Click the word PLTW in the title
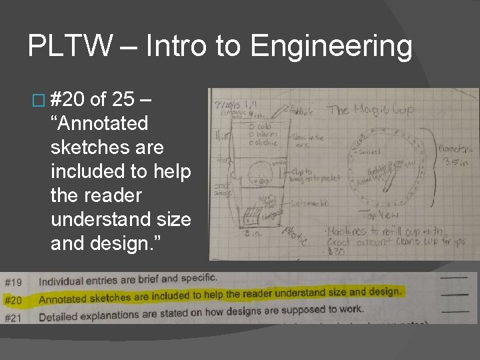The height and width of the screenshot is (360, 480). click(x=62, y=47)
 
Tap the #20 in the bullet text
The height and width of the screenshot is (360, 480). click(x=67, y=100)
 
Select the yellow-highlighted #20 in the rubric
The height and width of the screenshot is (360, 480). click(x=13, y=300)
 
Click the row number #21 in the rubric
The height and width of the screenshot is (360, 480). click(x=13, y=318)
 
